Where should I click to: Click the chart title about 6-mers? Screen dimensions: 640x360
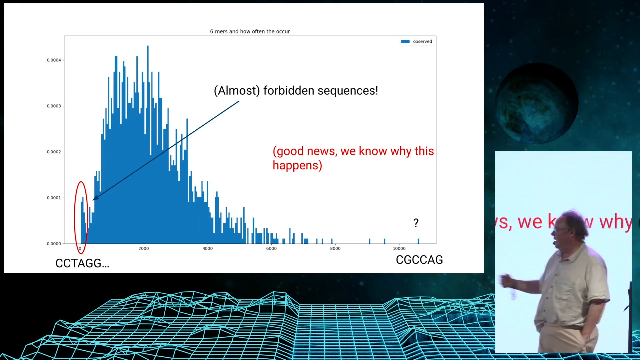[250, 31]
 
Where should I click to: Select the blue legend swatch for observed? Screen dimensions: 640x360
[405, 41]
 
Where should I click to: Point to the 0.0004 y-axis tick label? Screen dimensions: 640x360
[54, 60]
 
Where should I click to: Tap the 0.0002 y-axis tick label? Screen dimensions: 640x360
[54, 152]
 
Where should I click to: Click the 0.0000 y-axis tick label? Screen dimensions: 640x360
[54, 244]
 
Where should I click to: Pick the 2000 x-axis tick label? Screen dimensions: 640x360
[144, 248]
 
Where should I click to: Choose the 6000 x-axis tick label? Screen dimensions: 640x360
[271, 248]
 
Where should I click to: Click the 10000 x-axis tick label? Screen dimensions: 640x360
[399, 248]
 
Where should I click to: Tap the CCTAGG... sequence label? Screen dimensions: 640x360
[82, 263]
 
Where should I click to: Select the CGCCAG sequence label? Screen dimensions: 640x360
[419, 260]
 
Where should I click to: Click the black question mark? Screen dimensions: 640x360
[416, 223]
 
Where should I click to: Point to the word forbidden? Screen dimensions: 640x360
[289, 90]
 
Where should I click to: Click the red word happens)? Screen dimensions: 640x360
[297, 165]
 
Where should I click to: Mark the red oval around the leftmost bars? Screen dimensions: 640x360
[75, 217]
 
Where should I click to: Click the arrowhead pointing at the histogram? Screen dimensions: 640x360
[95, 198]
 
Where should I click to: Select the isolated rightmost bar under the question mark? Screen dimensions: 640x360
[418, 241]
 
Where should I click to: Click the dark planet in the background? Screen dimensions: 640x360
[537, 103]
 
